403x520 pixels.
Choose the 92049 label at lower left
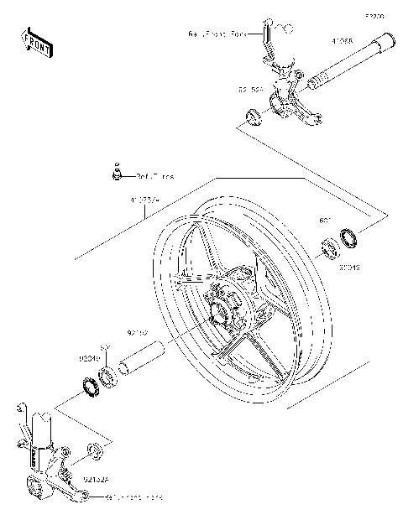click(x=91, y=358)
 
